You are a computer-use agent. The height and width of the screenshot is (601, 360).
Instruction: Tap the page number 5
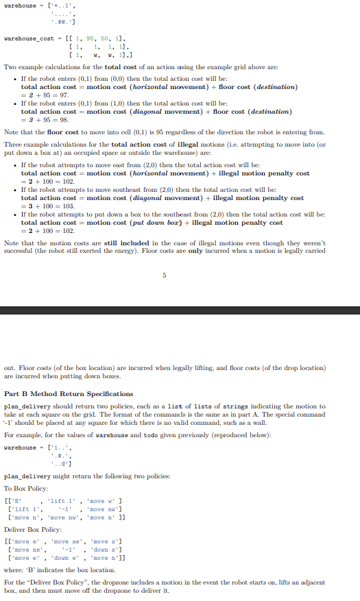(x=165, y=276)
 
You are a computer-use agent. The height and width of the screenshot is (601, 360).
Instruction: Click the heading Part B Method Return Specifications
(x=69, y=394)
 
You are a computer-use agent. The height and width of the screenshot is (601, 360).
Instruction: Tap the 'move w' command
(x=110, y=498)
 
